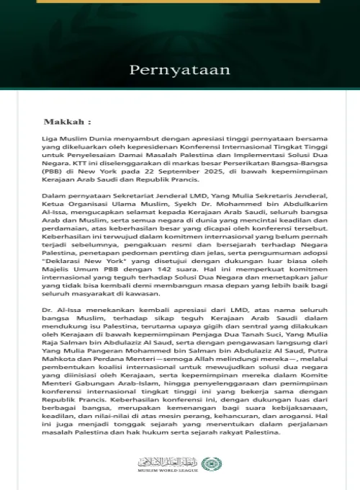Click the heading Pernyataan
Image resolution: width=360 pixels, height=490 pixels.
click(x=179, y=70)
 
